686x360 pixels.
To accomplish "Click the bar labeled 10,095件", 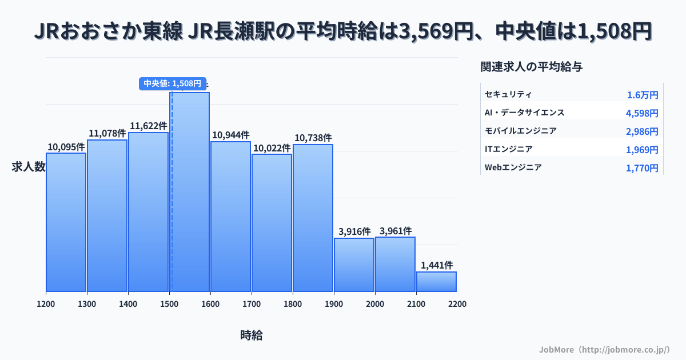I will pos(66,223).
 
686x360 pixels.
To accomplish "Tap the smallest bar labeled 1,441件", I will pos(436,282).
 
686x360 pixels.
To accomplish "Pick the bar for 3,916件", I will pos(354,265).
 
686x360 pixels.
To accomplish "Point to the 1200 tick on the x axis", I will pos(46,304).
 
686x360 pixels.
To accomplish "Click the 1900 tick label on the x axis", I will pos(334,304).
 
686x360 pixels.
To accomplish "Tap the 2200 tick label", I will pos(457,304).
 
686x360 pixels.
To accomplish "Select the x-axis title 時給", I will pos(252,335).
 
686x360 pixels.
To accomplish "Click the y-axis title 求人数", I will pos(29,167).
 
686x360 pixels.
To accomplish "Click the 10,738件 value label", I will pos(313,138).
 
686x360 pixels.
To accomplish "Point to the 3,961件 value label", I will pos(395,231).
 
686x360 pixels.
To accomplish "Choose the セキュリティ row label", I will pos(508,94).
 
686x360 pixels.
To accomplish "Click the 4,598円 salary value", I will pos(642,113).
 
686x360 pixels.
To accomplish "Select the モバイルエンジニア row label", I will pos(520,131).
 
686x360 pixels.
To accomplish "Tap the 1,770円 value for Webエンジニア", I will pos(642,168).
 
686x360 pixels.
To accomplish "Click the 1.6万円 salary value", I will pos(643,95).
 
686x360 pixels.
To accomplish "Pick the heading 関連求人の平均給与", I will pos(532,67).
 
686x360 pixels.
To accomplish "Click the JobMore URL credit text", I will pos(604,349).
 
